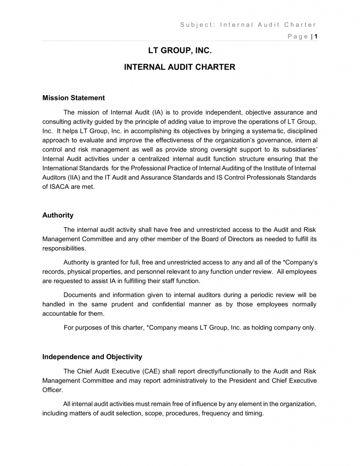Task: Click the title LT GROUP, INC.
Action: coord(180,51)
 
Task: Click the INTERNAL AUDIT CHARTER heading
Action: coord(180,67)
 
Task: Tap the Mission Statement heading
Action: coord(73,98)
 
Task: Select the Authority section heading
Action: coord(58,215)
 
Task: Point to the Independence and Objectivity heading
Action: coord(92,357)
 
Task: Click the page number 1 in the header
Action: coord(316,36)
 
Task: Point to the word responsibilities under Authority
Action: coord(63,248)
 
